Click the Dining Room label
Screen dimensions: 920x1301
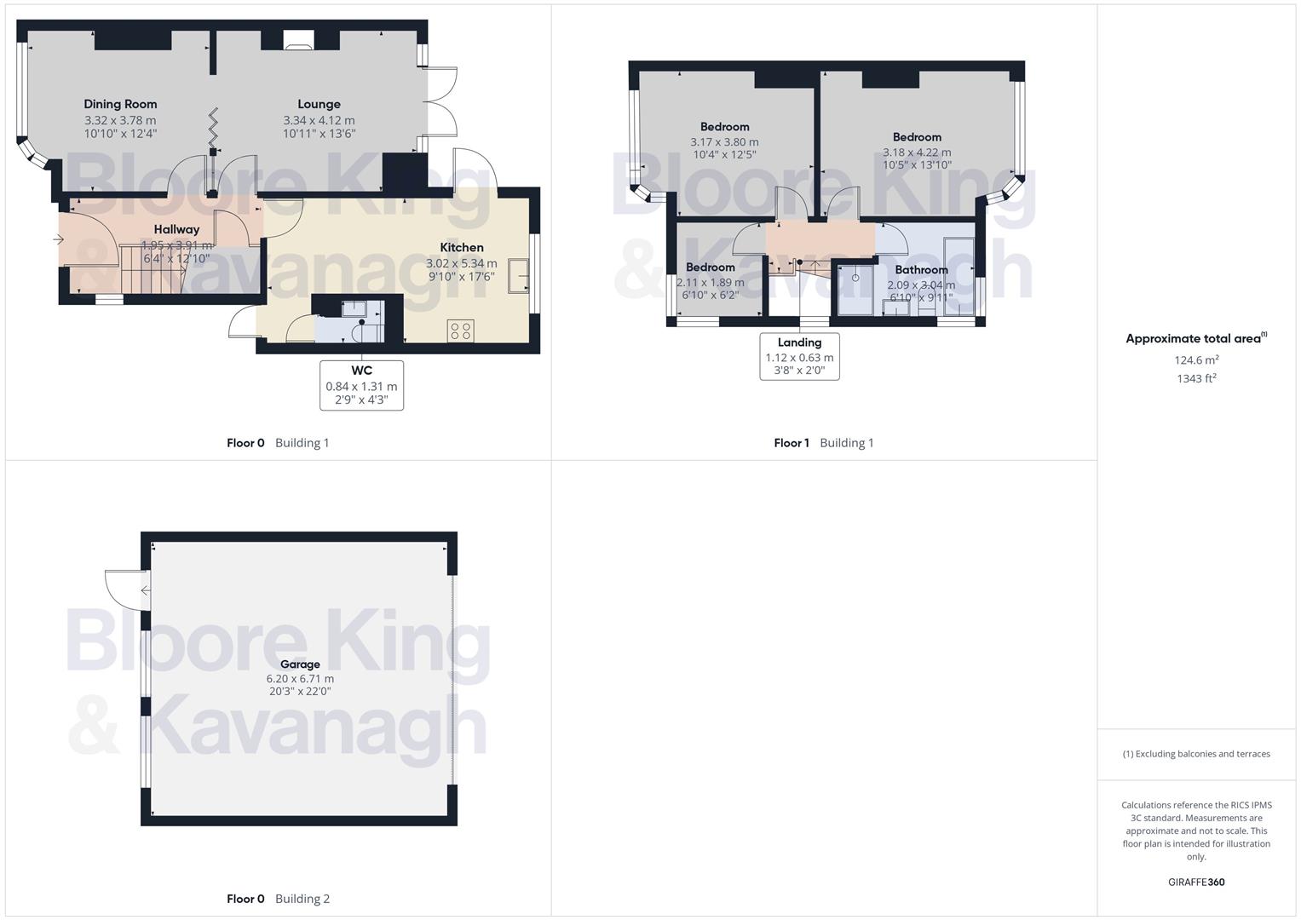[x=120, y=104]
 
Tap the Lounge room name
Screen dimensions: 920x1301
[x=319, y=104]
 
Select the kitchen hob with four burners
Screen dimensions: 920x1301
[x=461, y=331]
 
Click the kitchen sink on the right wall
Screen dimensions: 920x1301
[x=518, y=276]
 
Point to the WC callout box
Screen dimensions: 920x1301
[x=361, y=385]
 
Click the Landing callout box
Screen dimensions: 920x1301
[x=799, y=356]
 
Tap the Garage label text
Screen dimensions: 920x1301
[x=300, y=664]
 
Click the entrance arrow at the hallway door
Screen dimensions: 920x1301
[x=58, y=239]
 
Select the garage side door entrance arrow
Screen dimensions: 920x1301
[x=146, y=590]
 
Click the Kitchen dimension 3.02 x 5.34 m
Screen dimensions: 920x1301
[x=461, y=263]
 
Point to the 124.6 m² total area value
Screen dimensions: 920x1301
[x=1196, y=359]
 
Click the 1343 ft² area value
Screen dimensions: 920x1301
[x=1196, y=378]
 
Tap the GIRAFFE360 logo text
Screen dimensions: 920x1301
[x=1196, y=882]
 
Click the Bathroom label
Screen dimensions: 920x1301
[x=921, y=270]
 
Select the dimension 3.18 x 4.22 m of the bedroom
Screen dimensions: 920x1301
[x=917, y=152]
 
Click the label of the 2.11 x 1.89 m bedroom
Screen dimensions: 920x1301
[x=710, y=267]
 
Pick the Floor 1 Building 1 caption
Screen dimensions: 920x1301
[x=823, y=442]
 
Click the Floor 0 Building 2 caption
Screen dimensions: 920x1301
[x=278, y=899]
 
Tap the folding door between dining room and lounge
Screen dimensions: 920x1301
[x=213, y=128]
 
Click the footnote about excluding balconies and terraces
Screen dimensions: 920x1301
[x=1196, y=754]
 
